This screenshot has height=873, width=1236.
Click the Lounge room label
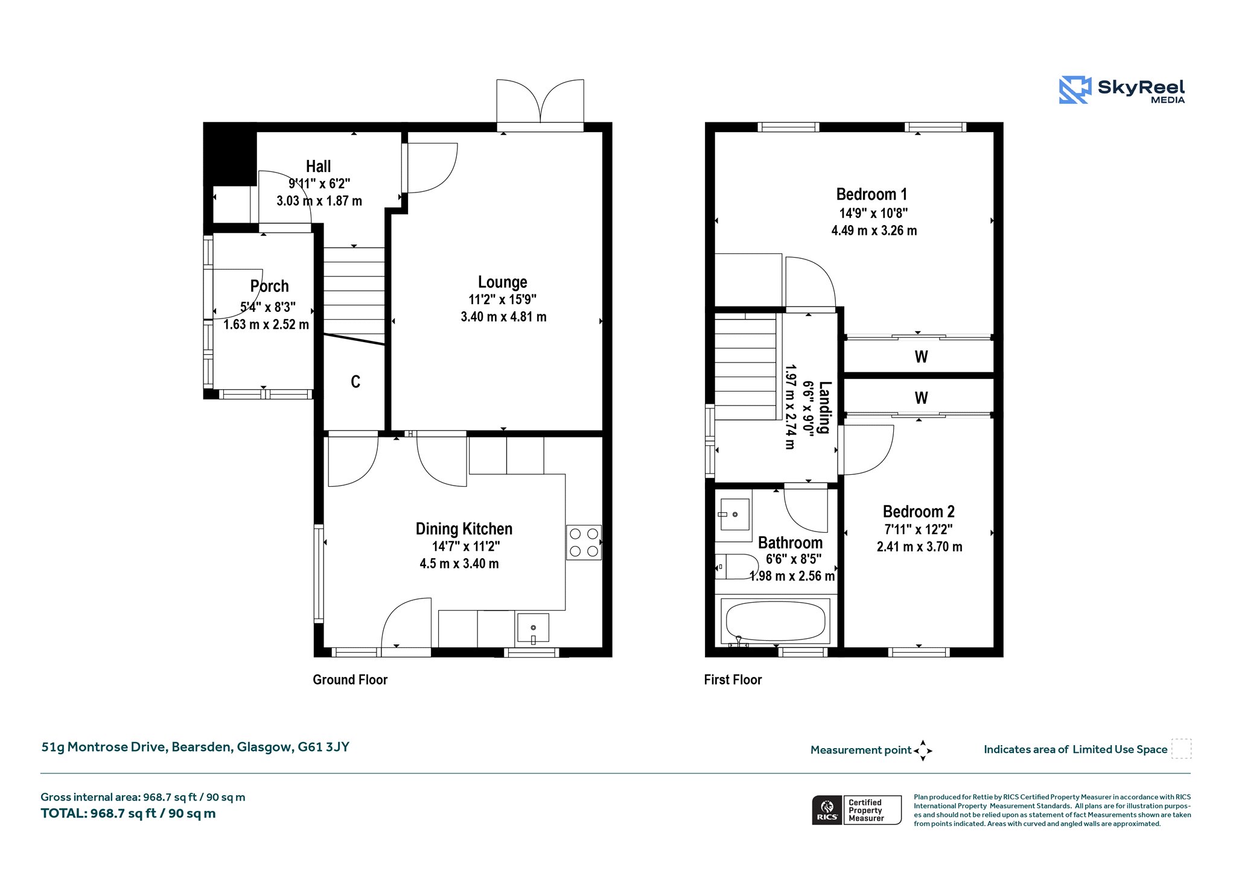coord(502,282)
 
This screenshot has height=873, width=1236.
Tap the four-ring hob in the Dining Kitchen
coord(584,542)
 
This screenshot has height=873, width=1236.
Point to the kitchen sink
coord(533,629)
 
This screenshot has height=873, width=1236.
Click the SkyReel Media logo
coord(1122,90)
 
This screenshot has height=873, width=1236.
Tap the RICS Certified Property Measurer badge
coord(856,810)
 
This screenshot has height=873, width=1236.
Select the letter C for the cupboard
coord(355,381)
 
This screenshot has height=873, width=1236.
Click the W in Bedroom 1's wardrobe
coord(921,357)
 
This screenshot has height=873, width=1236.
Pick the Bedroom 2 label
coord(919,512)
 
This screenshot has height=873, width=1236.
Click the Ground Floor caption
coord(350,679)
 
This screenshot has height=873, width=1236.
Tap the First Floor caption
coord(733,679)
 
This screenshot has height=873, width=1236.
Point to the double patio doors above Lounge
coord(540,103)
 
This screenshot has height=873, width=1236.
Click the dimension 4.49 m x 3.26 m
coord(874,230)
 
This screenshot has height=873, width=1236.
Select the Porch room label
coord(269,286)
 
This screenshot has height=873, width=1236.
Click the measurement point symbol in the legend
coord(923,751)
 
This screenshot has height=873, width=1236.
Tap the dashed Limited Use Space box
coord(1181,749)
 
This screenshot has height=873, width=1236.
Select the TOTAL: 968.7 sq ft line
coord(128,813)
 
